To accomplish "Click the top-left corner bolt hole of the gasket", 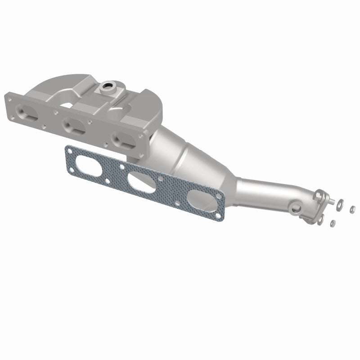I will [68, 149].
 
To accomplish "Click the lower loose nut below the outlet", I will [332, 224].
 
